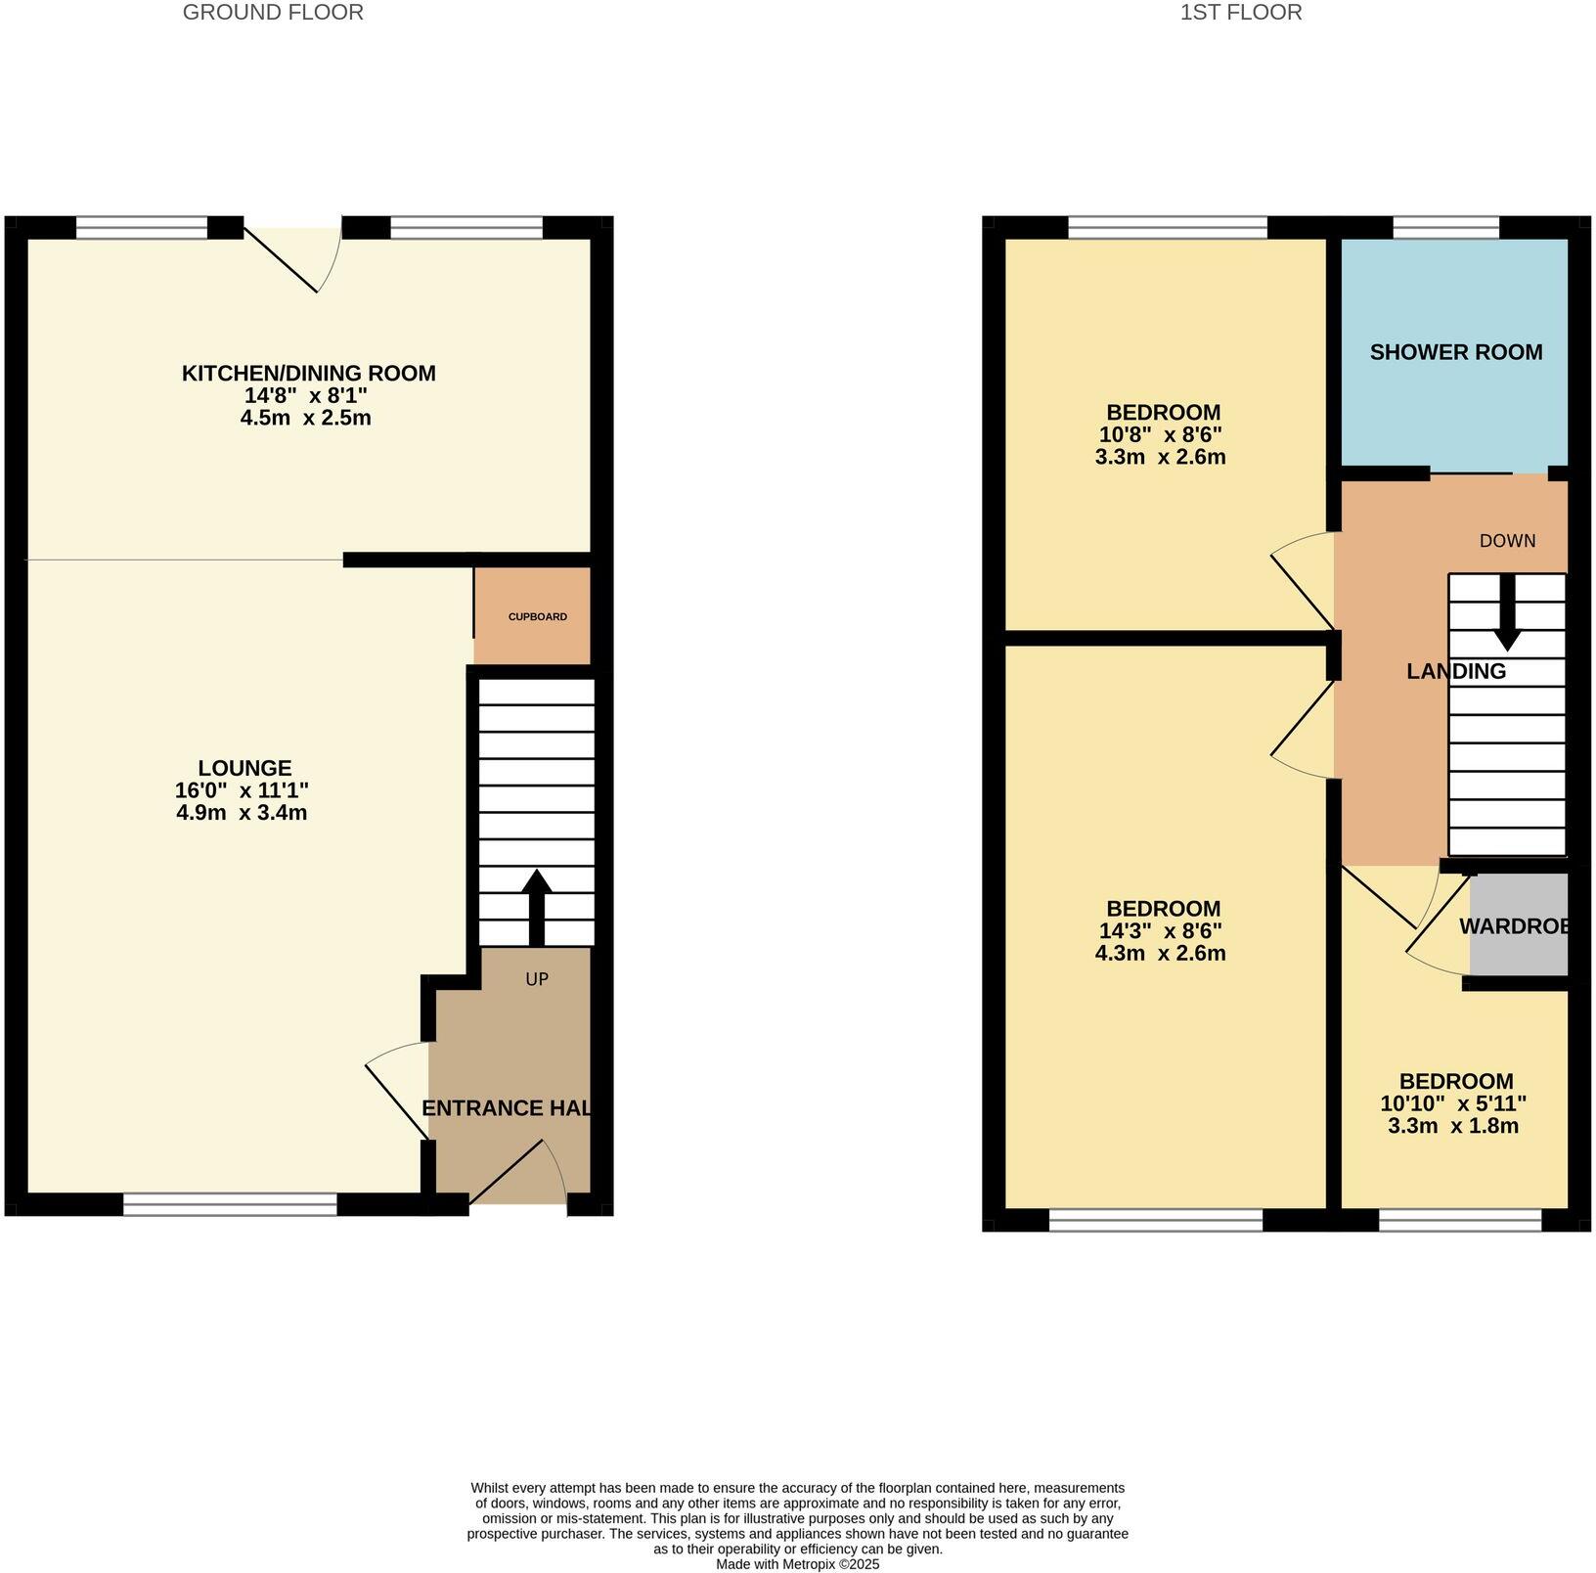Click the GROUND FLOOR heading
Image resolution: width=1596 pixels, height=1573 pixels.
[x=273, y=13]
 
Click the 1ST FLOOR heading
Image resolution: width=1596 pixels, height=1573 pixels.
[x=1241, y=13]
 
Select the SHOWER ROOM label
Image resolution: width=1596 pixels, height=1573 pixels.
[x=1455, y=352]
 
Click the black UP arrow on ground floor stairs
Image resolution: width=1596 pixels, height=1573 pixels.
[x=536, y=905]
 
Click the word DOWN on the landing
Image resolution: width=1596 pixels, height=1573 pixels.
[x=1507, y=541]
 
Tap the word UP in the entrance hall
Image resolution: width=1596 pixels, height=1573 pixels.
[x=536, y=978]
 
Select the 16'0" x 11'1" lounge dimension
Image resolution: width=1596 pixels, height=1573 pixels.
[x=242, y=790]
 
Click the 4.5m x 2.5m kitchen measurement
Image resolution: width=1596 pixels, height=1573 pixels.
[x=305, y=419]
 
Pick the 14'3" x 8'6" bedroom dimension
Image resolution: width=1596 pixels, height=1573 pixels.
[x=1160, y=930]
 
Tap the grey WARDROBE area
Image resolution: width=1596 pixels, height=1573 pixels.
[x=1518, y=925]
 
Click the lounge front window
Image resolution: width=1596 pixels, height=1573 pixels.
[x=230, y=1204]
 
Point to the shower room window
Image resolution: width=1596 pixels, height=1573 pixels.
[x=1444, y=228]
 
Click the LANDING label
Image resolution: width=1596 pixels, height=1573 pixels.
[x=1455, y=671]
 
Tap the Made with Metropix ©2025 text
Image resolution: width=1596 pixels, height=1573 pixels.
[x=797, y=1564]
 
